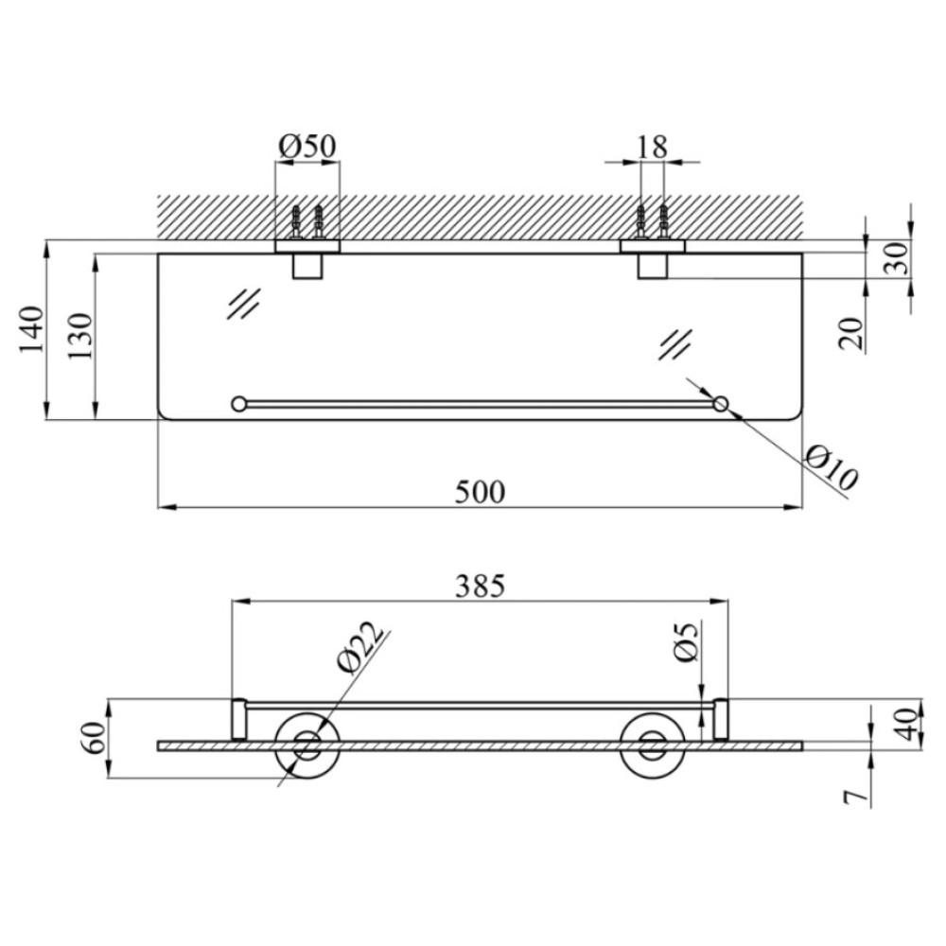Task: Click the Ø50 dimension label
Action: point(307,147)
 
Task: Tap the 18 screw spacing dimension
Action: point(652,147)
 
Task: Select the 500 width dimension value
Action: point(480,492)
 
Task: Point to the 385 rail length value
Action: point(480,586)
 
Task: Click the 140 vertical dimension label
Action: point(32,330)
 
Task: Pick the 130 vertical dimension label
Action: point(79,337)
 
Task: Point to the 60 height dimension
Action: point(95,737)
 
